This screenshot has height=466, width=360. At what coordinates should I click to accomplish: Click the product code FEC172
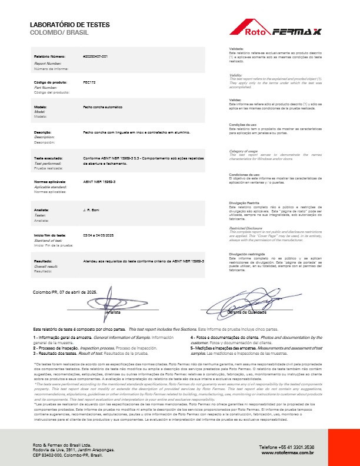tap(89, 82)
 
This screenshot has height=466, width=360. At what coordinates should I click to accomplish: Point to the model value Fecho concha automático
tap(103, 108)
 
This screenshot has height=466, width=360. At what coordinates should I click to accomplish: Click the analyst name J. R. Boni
tap(91, 209)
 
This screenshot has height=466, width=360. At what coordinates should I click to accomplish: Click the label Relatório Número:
tap(48, 56)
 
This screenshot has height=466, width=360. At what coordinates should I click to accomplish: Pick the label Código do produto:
tap(48, 82)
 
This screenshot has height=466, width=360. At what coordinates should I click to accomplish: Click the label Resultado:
tap(44, 260)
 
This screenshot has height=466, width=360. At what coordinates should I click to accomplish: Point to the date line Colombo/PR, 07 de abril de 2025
tap(65, 292)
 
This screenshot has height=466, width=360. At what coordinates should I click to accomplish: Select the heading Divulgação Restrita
tap(245, 202)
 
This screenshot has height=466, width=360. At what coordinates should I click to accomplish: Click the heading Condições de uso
tap(242, 124)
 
